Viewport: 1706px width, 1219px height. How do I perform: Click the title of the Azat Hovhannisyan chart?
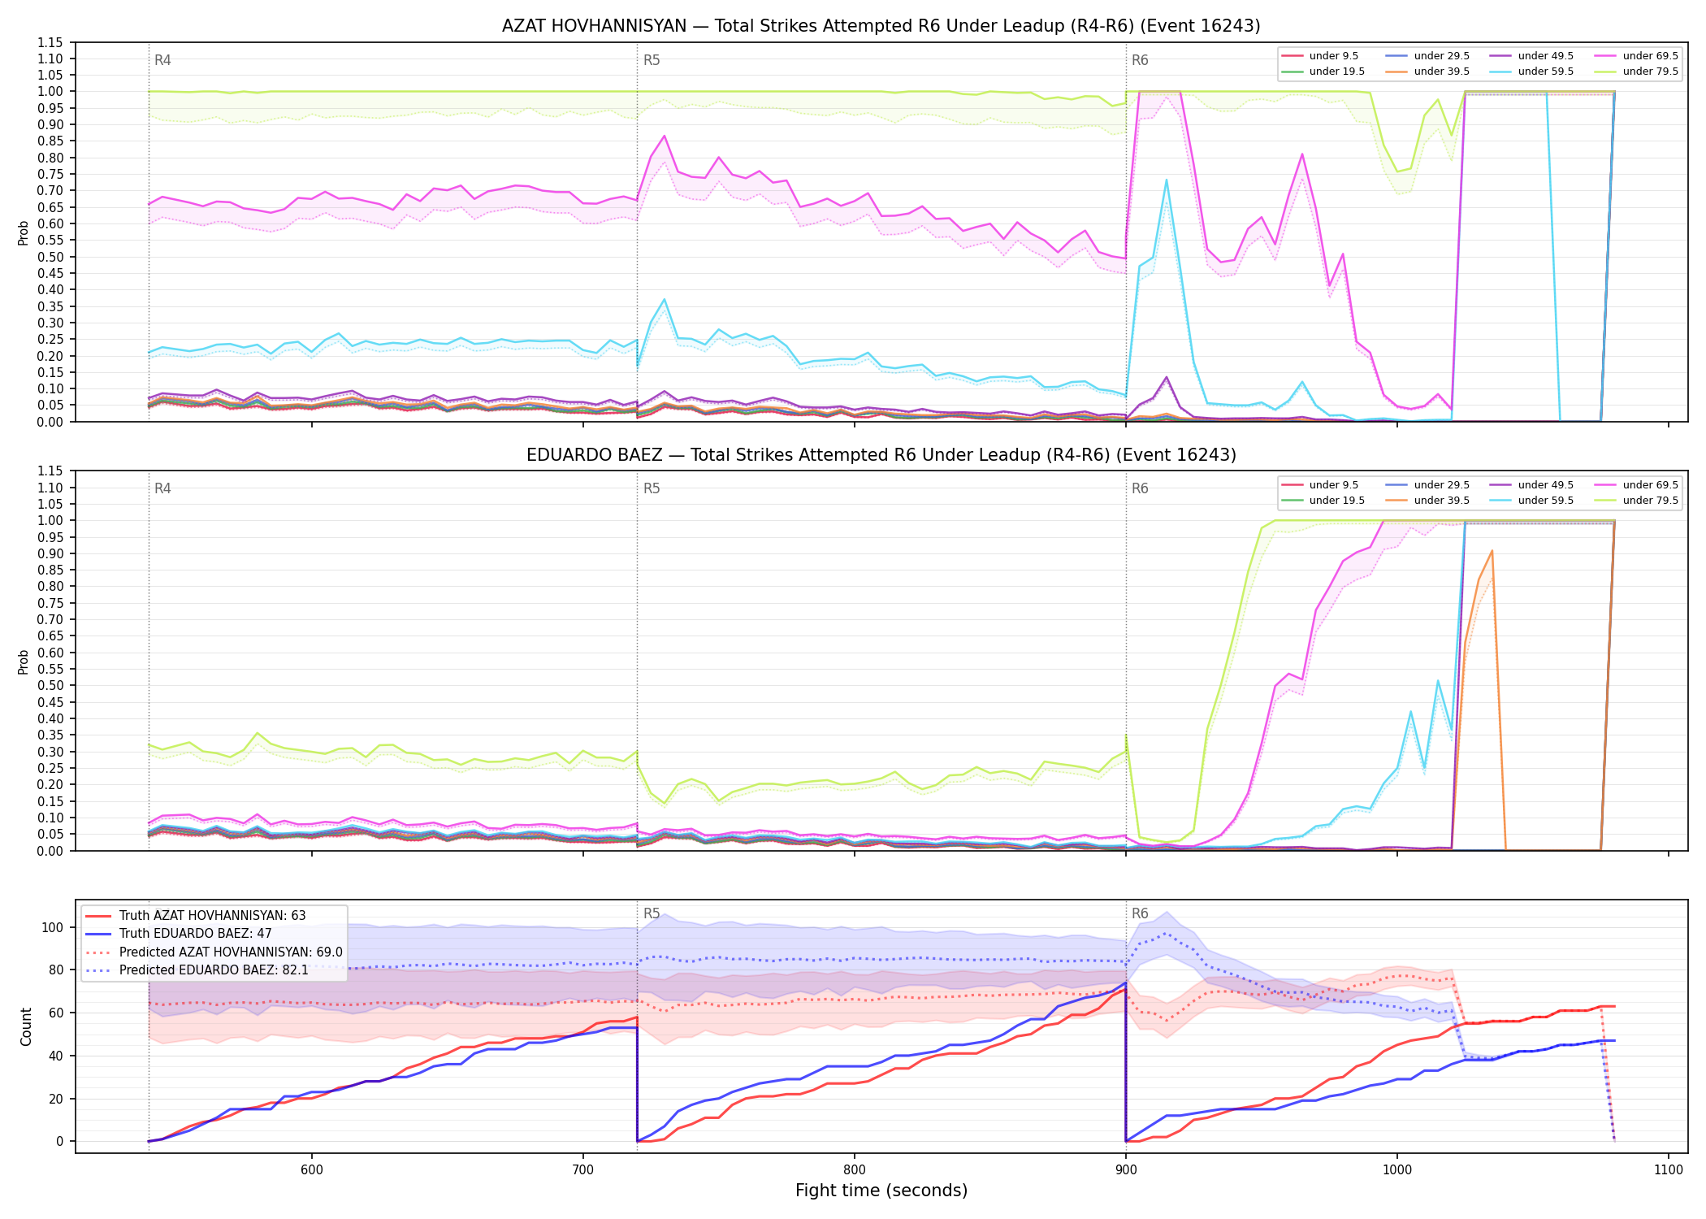(x=881, y=26)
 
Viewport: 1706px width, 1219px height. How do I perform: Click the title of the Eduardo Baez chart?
(x=881, y=455)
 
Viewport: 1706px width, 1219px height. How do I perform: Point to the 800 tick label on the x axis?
(x=855, y=1169)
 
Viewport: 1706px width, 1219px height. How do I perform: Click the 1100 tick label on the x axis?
(x=1669, y=1169)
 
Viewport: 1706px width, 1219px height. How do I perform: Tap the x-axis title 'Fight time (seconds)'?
(x=881, y=1191)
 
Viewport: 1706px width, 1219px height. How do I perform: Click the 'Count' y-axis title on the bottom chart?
(x=26, y=1026)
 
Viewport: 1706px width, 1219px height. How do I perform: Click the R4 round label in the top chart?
(x=162, y=60)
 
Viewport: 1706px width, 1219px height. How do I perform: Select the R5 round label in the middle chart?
(x=652, y=488)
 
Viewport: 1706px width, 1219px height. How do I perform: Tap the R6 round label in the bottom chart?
(x=1140, y=913)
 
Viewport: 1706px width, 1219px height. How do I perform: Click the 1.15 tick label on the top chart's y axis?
(x=50, y=42)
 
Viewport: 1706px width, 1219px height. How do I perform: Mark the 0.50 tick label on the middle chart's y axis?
(x=50, y=685)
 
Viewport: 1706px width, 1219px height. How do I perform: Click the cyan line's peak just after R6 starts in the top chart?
(x=1167, y=180)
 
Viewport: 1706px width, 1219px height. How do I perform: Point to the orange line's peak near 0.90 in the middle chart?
(x=1492, y=551)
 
